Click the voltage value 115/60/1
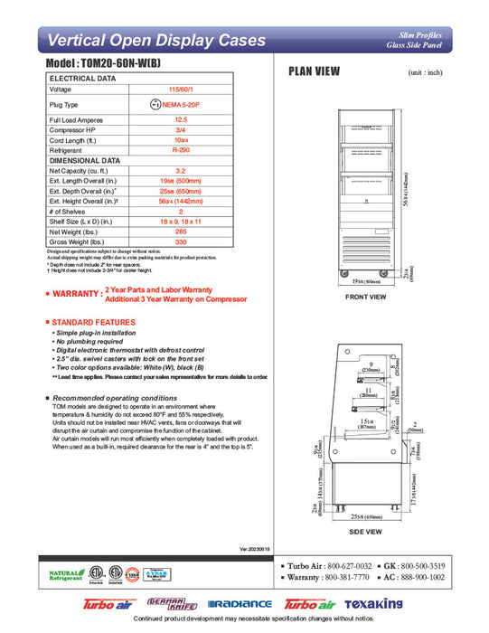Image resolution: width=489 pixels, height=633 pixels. pos(181,89)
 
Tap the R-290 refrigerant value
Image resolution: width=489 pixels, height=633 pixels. pos(181,149)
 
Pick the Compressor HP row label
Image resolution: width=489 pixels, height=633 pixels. pos(74,129)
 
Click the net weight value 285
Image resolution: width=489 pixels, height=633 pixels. pos(181,231)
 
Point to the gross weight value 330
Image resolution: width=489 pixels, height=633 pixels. pos(181,241)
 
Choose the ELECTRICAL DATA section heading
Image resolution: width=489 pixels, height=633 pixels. pos(82,79)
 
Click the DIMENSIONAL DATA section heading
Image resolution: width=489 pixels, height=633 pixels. pos(85,159)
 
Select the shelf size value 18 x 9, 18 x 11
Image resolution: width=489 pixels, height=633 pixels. pos(181,221)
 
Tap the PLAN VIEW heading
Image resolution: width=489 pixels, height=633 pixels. pos(313,72)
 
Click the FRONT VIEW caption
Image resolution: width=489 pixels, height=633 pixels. pos(365,297)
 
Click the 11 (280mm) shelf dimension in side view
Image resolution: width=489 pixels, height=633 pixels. pos(369,392)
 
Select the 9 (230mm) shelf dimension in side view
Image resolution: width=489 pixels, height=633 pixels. pos(371,366)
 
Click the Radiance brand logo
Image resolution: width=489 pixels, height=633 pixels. pos(240,603)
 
